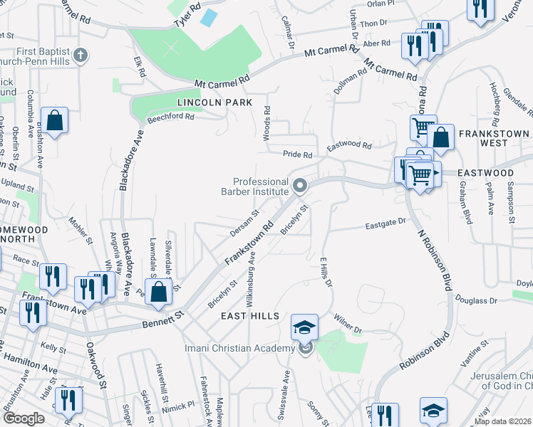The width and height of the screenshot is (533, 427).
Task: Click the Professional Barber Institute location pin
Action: pyautogui.click(x=300, y=186)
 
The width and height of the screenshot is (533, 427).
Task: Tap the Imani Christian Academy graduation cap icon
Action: pyautogui.click(x=304, y=327)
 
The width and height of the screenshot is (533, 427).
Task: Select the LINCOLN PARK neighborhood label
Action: pyautogui.click(x=214, y=102)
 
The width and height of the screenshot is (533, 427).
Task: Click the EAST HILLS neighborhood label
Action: pyautogui.click(x=248, y=315)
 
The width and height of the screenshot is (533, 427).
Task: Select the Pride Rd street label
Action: pyautogui.click(x=298, y=154)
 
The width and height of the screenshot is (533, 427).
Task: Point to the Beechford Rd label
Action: pyautogui.click(x=170, y=118)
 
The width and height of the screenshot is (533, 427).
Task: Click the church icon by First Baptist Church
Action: pyautogui.click(x=81, y=55)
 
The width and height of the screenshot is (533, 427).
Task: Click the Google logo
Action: pyautogui.click(x=24, y=418)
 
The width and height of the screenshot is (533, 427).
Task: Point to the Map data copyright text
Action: pyautogui.click(x=502, y=421)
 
